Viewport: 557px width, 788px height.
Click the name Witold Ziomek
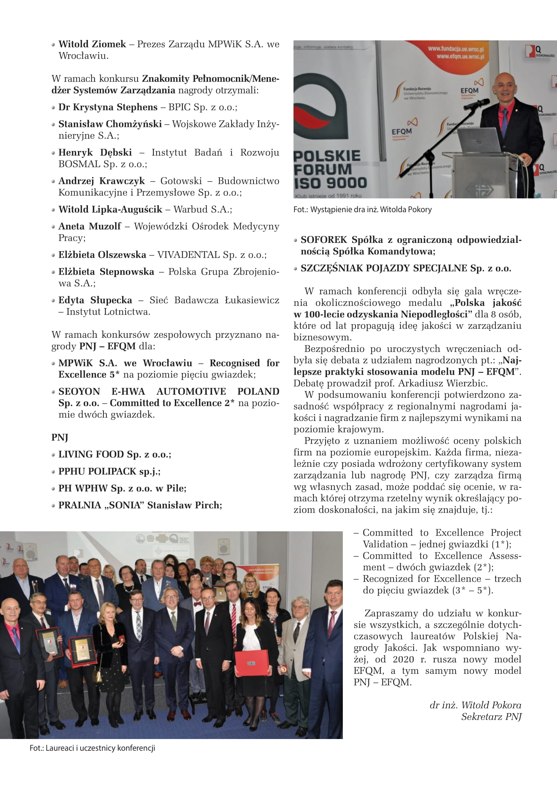(92, 44)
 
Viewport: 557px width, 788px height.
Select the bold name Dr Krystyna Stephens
(108, 107)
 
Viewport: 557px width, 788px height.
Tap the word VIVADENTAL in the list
(188, 255)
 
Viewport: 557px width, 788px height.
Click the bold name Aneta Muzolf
(90, 226)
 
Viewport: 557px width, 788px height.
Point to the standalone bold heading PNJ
(60, 437)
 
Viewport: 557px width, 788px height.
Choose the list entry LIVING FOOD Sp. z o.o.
(115, 454)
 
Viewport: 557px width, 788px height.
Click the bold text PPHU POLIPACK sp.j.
(109, 471)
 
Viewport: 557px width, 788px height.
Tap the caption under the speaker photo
(362, 209)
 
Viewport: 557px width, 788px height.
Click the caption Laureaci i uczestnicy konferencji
(92, 748)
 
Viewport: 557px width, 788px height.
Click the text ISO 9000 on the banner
(330, 183)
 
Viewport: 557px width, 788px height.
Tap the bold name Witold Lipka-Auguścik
(110, 209)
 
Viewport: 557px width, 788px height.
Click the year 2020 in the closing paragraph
(403, 659)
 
